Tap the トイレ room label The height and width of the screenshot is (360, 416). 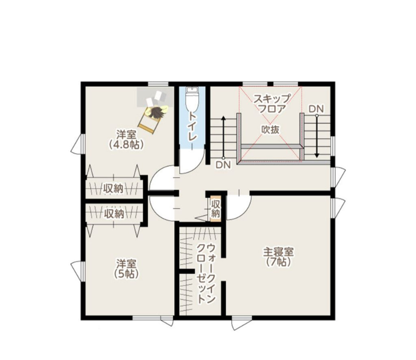(192, 127)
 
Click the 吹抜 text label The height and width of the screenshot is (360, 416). (270, 129)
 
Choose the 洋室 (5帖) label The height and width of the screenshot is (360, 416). (126, 268)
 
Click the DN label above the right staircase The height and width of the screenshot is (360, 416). (316, 108)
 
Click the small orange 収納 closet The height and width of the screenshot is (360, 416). (216, 208)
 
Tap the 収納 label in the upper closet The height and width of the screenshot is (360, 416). (114, 188)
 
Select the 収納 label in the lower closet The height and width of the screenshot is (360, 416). (114, 214)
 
